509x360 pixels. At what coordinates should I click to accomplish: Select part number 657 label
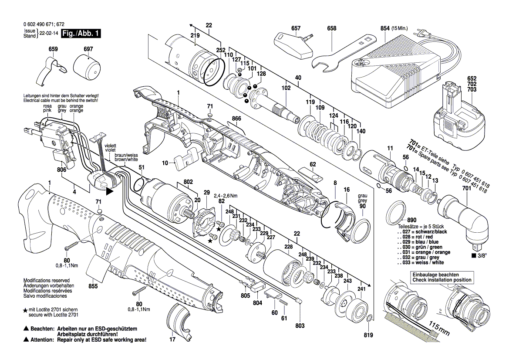pos(296,28)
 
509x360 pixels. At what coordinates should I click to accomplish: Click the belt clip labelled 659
pos(50,71)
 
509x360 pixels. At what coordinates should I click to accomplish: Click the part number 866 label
pos(236,118)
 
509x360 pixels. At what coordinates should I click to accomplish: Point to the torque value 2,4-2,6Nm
pos(225,196)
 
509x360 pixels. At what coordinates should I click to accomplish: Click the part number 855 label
pos(93,286)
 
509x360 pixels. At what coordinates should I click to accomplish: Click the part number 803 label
pos(300,326)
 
